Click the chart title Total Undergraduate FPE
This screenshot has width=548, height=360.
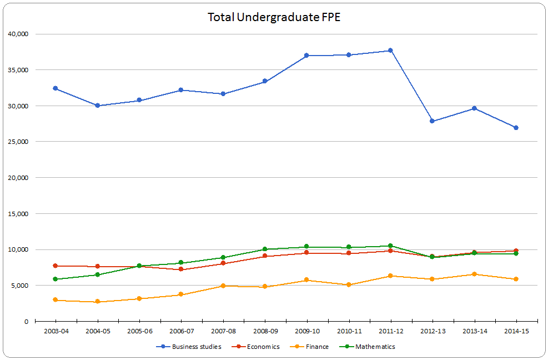[274, 17]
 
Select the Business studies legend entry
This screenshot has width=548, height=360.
[196, 347]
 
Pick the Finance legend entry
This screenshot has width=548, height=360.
[316, 347]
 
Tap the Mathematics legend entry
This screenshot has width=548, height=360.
[375, 347]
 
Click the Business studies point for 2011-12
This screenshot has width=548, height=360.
[390, 51]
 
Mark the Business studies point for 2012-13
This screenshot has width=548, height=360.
[432, 121]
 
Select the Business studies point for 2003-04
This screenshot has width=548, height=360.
[56, 88]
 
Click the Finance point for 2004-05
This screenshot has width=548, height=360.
[97, 302]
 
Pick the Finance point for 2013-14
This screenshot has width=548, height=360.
[474, 274]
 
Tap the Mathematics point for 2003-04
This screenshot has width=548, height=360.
[56, 279]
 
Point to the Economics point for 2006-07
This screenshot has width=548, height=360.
[181, 269]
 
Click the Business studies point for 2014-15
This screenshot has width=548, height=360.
[516, 128]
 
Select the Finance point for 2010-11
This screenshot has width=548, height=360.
[349, 284]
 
